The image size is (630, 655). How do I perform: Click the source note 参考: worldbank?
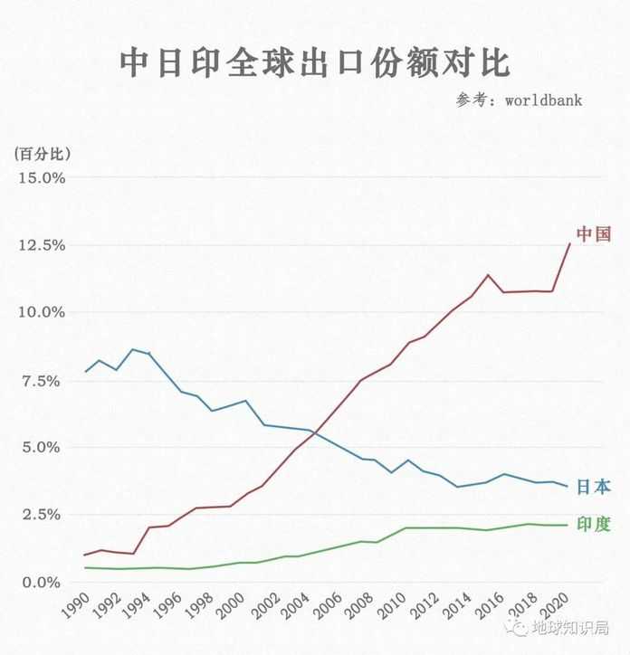(x=519, y=100)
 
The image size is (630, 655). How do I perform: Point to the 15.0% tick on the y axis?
(x=42, y=177)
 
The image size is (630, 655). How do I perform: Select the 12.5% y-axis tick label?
(x=42, y=245)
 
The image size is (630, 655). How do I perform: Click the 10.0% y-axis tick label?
(x=42, y=312)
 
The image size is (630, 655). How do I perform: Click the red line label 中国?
(x=594, y=234)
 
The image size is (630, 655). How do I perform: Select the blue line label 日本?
(x=594, y=487)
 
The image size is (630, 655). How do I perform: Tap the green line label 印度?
(x=594, y=525)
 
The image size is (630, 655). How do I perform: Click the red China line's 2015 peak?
(x=489, y=274)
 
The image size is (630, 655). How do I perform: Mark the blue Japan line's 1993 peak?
(x=133, y=349)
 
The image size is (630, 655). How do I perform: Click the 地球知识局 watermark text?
(x=569, y=627)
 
